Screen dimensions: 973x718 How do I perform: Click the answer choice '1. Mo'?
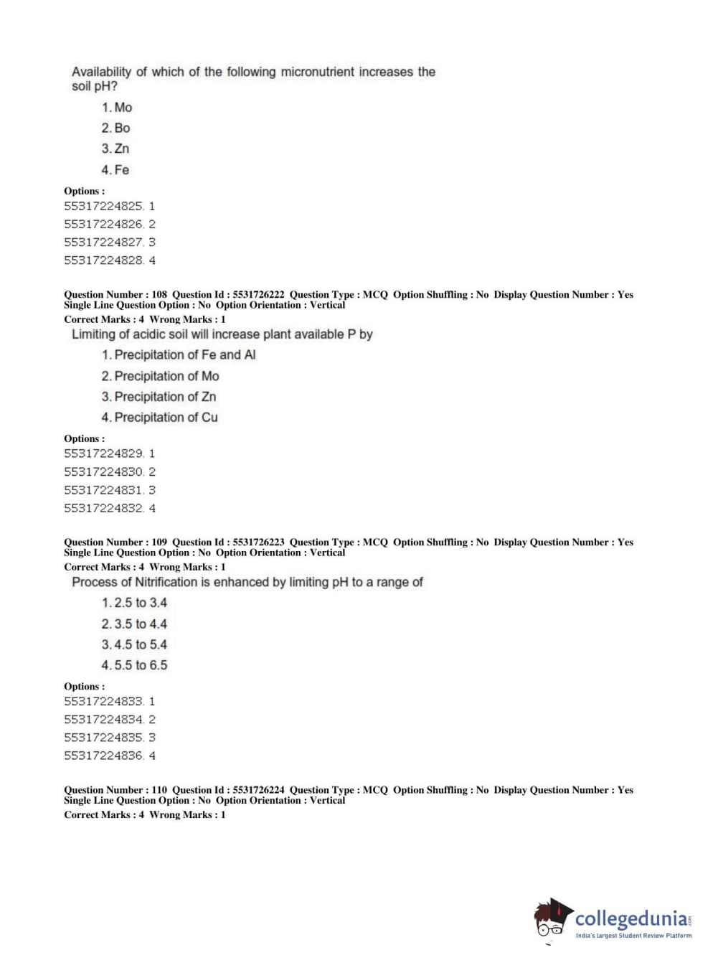pyautogui.click(x=117, y=108)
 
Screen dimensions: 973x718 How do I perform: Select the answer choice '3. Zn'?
pyautogui.click(x=115, y=149)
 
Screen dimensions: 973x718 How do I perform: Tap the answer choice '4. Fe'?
pyautogui.click(x=115, y=170)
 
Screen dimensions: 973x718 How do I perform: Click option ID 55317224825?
pyautogui.click(x=103, y=206)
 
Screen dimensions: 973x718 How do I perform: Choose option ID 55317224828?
pyautogui.click(x=103, y=260)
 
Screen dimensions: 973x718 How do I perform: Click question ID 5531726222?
pyautogui.click(x=258, y=295)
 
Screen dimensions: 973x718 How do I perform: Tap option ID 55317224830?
pyautogui.click(x=103, y=472)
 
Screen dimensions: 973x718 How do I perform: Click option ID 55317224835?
pyautogui.click(x=103, y=738)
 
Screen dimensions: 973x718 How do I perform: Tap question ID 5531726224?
pyautogui.click(x=258, y=790)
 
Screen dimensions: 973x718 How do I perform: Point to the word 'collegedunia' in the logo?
pyautogui.click(x=630, y=918)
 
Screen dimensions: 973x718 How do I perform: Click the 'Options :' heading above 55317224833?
pyautogui.click(x=85, y=687)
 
